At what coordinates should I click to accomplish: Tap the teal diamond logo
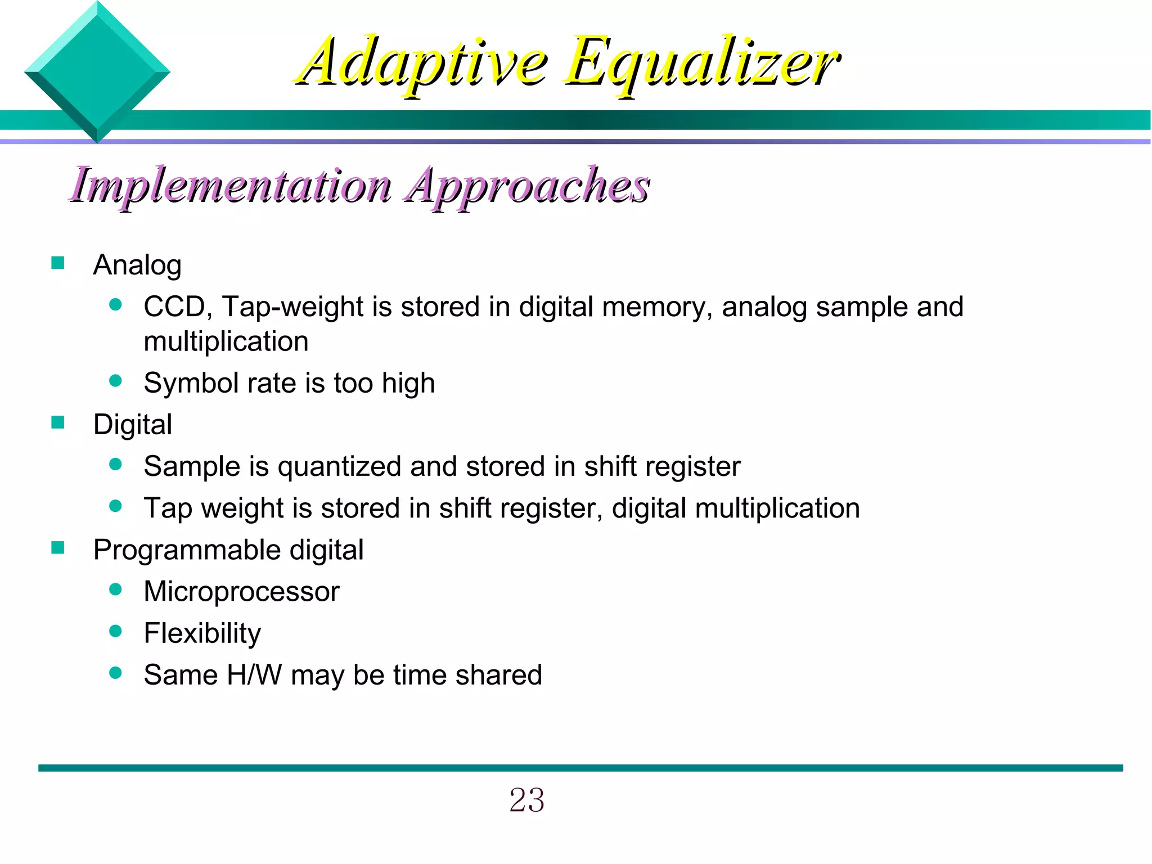pos(97,72)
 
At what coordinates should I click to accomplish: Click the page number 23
pos(526,800)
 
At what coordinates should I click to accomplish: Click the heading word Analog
pos(137,265)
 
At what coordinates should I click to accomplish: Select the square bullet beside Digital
pos(57,422)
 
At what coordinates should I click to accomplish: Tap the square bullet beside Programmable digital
pos(57,548)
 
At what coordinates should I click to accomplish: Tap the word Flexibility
pos(202,633)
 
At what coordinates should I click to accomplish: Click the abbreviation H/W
pos(254,675)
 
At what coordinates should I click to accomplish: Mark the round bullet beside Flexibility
pos(116,631)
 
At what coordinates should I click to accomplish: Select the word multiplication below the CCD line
pos(226,341)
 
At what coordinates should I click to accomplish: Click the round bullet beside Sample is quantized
pos(116,465)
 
